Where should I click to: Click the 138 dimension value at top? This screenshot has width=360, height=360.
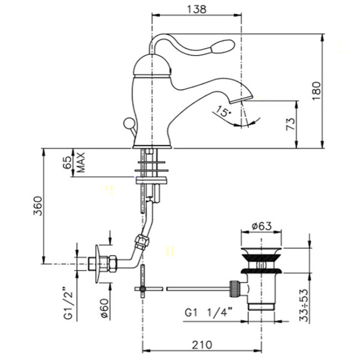click(197, 10)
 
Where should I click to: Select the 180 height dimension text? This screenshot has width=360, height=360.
click(316, 90)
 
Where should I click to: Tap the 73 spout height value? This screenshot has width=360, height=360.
click(290, 124)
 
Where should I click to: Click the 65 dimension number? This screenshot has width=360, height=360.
click(67, 163)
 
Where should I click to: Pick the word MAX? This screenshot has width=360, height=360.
click(81, 163)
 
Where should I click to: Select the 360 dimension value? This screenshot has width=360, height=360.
click(38, 206)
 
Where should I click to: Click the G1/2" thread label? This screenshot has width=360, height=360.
click(68, 302)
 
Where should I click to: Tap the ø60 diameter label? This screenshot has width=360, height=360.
click(104, 308)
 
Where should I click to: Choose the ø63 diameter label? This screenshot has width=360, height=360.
click(262, 226)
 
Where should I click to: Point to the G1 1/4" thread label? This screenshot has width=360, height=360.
click(208, 313)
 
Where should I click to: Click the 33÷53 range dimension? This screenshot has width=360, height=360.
click(303, 305)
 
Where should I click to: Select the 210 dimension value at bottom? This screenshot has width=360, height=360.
click(202, 344)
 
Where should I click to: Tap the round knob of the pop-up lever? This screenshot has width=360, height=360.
click(128, 122)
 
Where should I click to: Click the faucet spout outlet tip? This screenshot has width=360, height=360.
click(241, 100)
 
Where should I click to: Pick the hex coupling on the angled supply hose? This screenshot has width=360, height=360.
click(142, 241)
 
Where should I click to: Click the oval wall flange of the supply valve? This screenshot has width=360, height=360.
click(98, 264)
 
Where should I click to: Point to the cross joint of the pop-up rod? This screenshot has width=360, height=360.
click(143, 289)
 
